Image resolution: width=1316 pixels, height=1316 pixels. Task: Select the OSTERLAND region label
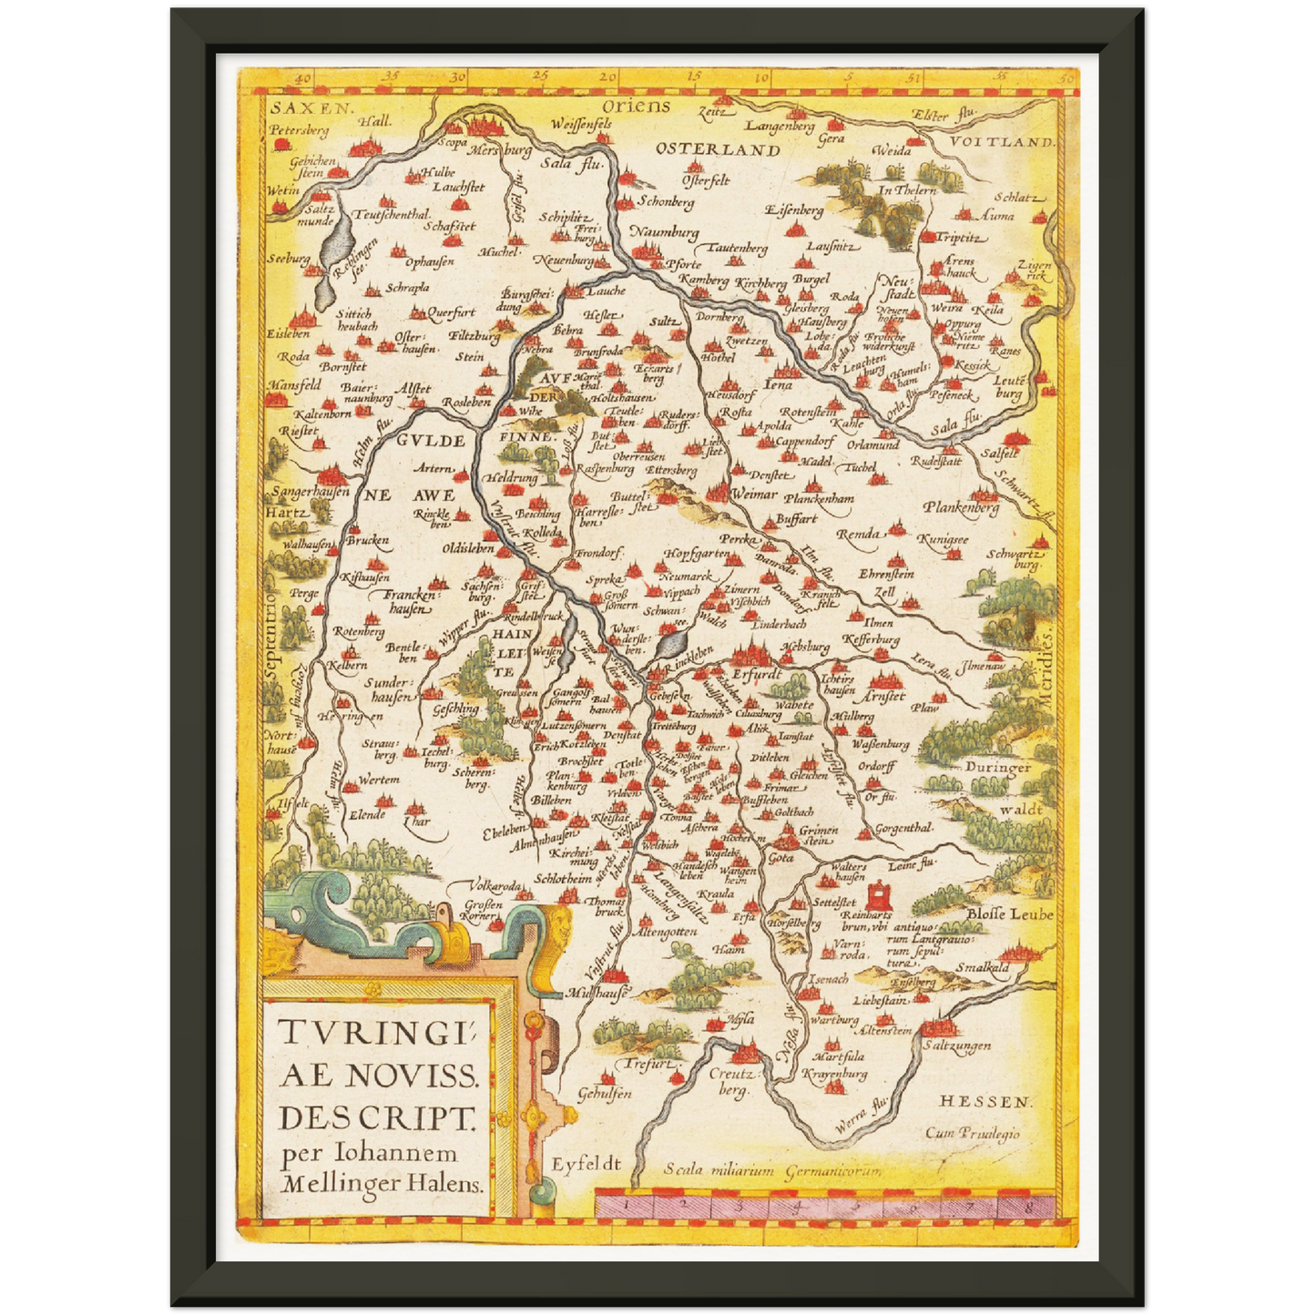click(718, 150)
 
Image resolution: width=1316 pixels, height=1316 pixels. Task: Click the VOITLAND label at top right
click(1002, 142)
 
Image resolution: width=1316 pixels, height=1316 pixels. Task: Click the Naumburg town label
click(665, 233)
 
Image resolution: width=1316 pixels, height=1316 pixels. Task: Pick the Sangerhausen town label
click(310, 492)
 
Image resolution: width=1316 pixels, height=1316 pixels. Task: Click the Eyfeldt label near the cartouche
click(586, 1164)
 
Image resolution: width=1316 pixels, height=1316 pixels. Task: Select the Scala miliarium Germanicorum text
click(772, 1170)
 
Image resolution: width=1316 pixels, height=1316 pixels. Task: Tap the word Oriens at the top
click(636, 107)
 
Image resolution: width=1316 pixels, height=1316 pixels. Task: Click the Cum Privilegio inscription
click(973, 1134)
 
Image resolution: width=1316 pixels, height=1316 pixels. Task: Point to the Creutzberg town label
click(732, 1081)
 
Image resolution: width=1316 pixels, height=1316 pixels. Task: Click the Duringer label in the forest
click(998, 767)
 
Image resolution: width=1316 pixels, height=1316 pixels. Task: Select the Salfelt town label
click(1000, 453)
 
